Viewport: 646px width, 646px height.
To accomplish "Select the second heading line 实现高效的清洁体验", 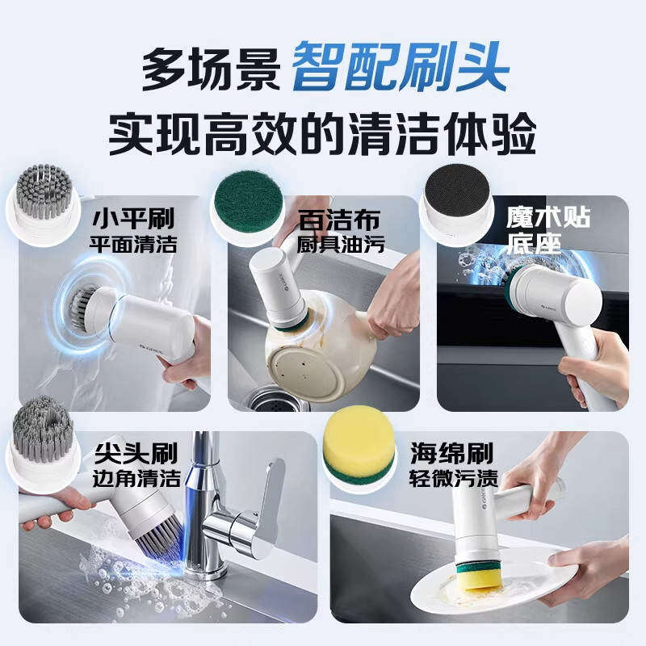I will pyautogui.click(x=323, y=134).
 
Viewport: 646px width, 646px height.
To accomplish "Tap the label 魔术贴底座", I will pyautogui.click(x=548, y=229).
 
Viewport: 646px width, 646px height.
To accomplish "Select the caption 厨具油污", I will pyautogui.click(x=340, y=243).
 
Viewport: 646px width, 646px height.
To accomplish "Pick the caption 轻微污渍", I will pyautogui.click(x=451, y=476).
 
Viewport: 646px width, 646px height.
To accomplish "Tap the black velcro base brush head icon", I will pyautogui.click(x=459, y=194).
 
